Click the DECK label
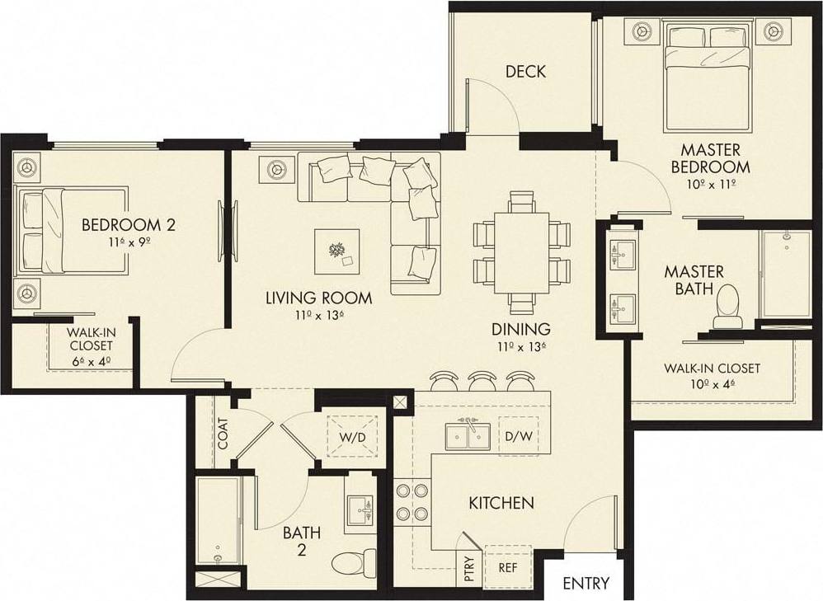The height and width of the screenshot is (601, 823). coord(525,72)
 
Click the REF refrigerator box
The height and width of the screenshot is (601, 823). coord(508,567)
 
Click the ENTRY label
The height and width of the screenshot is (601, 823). coord(586,584)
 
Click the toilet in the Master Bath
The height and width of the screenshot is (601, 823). coord(727,305)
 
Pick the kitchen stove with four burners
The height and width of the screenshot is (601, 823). coord(411,501)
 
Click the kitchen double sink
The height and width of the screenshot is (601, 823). coord(468,435)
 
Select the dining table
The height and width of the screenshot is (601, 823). coord(523,251)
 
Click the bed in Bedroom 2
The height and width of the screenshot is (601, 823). coord(74,231)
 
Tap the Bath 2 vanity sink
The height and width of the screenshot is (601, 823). coord(359,509)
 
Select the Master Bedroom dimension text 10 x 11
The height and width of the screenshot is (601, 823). coord(709,184)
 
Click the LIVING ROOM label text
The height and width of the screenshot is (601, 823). coord(318,298)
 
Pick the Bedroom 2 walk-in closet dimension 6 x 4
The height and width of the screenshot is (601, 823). coord(91,360)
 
